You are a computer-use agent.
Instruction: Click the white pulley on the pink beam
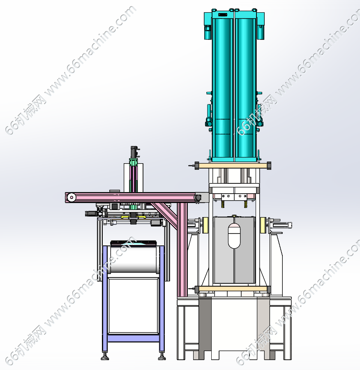(x=71, y=197)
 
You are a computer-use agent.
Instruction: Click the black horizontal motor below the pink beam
(x=91, y=213)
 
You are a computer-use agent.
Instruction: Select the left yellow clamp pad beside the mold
(x=205, y=225)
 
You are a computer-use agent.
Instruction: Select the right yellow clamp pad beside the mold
(x=263, y=225)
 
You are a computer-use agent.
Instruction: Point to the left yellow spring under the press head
(x=222, y=204)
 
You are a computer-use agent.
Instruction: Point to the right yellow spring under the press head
(x=245, y=204)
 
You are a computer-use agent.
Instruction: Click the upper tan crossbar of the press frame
(x=233, y=165)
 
